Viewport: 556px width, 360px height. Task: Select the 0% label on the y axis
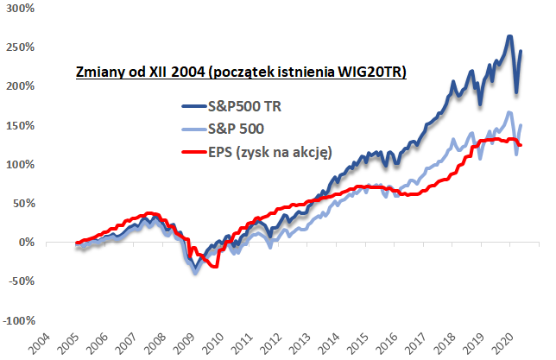(26, 243)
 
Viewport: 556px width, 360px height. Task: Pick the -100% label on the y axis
(18, 320)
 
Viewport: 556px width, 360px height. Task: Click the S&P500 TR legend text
(243, 107)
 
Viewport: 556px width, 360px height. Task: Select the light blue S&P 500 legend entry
(237, 129)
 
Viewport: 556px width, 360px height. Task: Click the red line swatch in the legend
(191, 151)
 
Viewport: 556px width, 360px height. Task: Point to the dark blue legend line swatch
(191, 107)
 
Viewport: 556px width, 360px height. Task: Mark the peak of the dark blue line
(509, 36)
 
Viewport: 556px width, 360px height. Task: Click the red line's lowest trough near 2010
(215, 267)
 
